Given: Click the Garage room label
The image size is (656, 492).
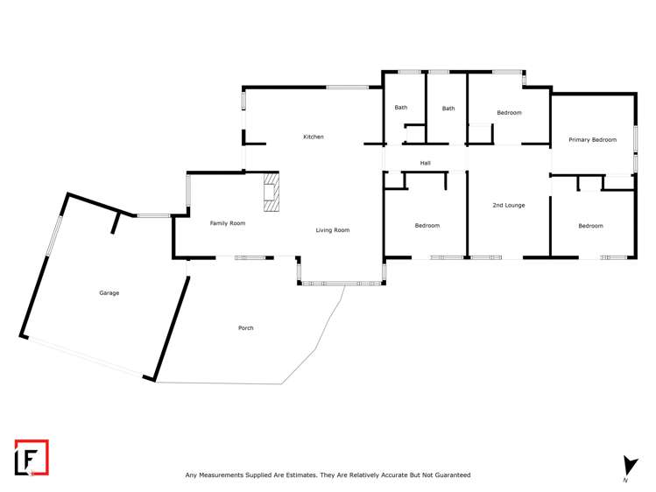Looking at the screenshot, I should pos(109,293).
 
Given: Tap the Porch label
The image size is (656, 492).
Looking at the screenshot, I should pos(246,328).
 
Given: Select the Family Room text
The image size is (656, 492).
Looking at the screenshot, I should pos(227,223).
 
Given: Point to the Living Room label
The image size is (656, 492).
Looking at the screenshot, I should pos(333,230).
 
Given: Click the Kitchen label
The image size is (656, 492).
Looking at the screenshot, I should pos(314,137).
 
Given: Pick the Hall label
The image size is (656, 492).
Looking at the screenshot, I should pos(426,163).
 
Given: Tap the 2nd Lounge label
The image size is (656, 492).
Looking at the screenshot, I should pos(508,205).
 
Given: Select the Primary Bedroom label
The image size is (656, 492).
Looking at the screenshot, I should pos(592,140).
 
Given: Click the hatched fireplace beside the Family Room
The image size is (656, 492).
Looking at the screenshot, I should pos(272,192).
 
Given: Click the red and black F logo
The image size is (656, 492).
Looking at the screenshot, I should pos(32,457).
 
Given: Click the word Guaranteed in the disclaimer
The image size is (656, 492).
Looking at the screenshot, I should pos(451,475).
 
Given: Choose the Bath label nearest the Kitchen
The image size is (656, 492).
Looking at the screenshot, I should pos(401,108).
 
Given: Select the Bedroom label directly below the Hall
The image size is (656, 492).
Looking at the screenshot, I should pos(427,226).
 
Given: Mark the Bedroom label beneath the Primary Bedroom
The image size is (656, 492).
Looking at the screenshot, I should pos(590,226).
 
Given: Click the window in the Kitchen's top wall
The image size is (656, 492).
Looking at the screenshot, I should pos(348,87).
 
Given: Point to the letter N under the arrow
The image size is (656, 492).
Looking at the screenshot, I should pos(626,481).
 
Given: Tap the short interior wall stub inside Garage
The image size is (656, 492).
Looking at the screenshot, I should pos(114,223).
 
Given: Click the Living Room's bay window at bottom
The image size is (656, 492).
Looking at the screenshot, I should pos(341,283).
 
